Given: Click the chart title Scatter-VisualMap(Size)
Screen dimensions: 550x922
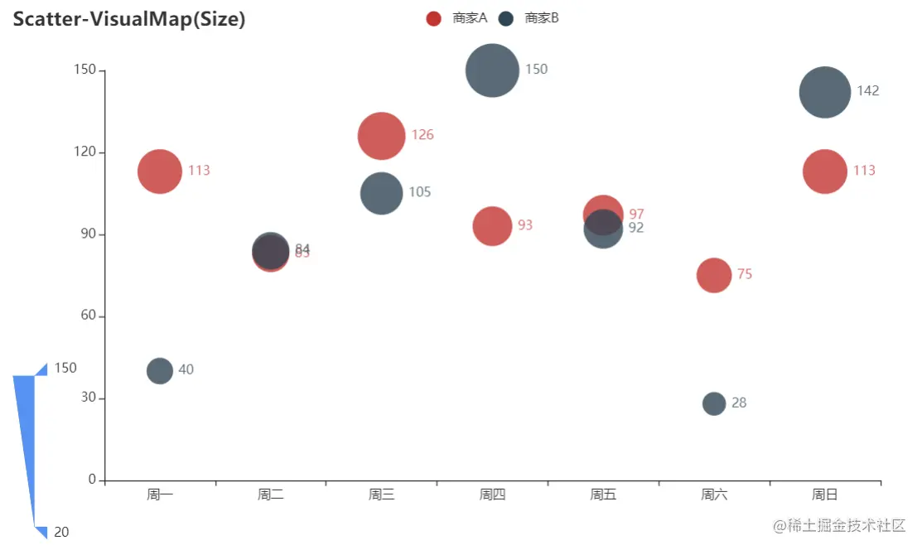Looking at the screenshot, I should click(x=129, y=19).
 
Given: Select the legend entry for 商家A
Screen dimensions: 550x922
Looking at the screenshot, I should click(x=456, y=18).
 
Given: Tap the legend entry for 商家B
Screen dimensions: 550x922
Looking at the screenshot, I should click(x=529, y=18).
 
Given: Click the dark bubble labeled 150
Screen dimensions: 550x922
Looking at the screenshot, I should click(x=492, y=70).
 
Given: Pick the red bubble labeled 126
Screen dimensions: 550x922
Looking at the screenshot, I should click(x=381, y=136).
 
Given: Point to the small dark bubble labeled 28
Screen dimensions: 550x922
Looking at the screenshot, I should click(x=714, y=403).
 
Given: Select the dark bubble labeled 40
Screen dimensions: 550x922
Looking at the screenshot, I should click(x=160, y=370).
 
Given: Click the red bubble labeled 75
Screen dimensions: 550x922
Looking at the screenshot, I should click(x=714, y=275).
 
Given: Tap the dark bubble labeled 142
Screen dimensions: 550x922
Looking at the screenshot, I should click(x=825, y=92).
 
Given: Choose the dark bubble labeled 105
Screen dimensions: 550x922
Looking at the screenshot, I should click(x=381, y=193).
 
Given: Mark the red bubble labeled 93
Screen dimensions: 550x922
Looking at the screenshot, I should click(x=492, y=226).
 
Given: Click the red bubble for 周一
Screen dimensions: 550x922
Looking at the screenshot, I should click(x=160, y=171).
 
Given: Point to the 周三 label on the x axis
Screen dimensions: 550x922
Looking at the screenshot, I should click(x=381, y=495).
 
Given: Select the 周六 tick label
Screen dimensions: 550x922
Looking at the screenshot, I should click(x=714, y=495).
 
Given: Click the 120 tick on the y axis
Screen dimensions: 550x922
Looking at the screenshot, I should click(x=86, y=152).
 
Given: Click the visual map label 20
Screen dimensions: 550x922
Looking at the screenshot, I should click(x=61, y=533).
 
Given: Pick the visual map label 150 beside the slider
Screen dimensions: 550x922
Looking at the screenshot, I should click(x=65, y=368).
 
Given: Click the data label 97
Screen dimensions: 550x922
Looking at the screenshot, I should click(x=636, y=215).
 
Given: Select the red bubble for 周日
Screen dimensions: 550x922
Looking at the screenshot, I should click(x=825, y=171).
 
